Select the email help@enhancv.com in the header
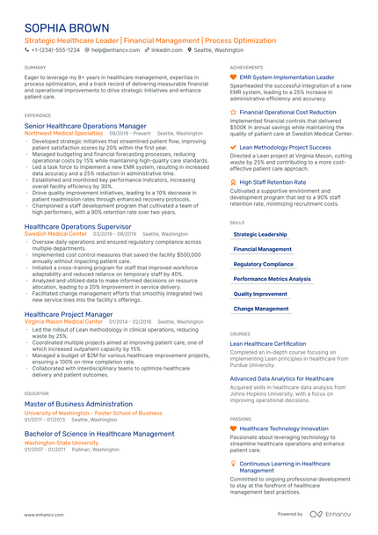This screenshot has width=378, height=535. [112, 51]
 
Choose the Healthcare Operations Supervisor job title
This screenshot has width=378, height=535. [77, 227]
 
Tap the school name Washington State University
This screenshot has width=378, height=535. [61, 443]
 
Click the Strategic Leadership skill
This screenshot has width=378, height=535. [260, 235]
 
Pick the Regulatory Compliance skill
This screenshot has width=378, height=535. [264, 264]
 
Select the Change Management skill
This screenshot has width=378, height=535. [261, 309]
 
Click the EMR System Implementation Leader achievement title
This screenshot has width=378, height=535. [287, 77]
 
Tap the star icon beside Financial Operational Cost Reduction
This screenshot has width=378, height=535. [233, 113]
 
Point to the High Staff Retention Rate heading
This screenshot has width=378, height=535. [273, 182]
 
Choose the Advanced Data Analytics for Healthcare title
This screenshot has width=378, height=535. [281, 378]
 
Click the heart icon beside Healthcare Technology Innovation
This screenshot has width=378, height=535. [233, 429]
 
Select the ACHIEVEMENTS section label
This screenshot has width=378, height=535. [246, 67]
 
